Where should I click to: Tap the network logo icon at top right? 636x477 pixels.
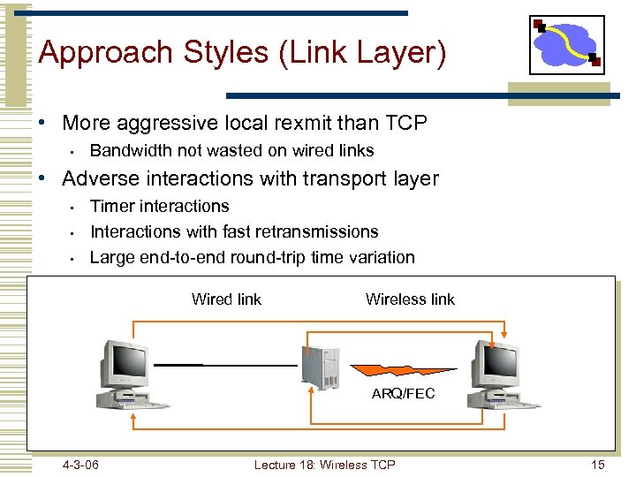click(567, 44)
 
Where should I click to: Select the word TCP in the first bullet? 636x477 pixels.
click(404, 123)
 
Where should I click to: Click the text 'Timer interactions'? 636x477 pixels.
click(160, 206)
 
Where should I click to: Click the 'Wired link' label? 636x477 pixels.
click(226, 299)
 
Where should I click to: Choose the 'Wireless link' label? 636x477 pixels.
click(410, 299)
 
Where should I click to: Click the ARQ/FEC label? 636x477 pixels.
click(404, 393)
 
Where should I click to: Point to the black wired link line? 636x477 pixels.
click(224, 364)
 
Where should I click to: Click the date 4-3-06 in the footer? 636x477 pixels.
click(80, 465)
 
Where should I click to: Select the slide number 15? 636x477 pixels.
click(598, 465)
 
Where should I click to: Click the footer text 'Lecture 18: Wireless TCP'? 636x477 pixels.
click(324, 465)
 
